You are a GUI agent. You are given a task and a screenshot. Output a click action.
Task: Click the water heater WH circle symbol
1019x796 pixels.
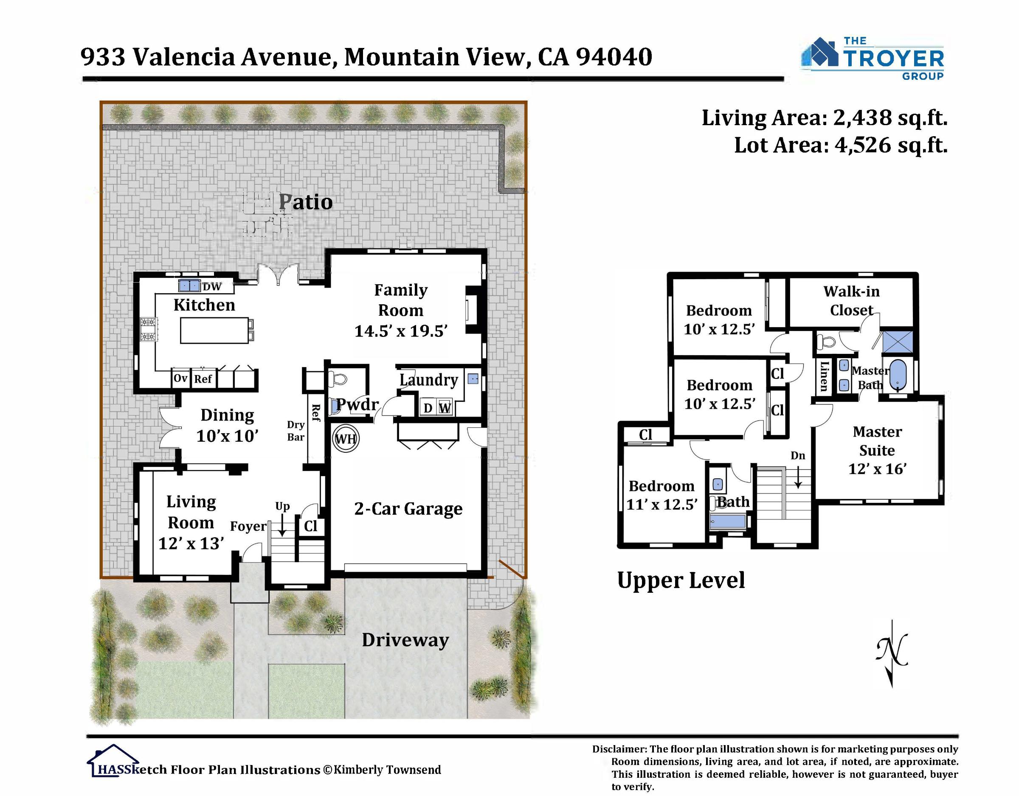coord(346,438)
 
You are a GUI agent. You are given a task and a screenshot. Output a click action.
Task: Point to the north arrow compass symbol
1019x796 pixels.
coord(892,653)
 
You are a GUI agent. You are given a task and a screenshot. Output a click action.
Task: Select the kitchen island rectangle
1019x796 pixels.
coord(214,330)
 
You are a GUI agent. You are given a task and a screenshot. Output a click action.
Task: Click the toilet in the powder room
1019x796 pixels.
coord(338,378)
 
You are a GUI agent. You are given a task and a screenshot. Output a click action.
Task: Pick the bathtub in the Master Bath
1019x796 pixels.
coord(898,376)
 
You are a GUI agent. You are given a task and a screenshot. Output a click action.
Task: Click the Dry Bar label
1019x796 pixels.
coord(296,431)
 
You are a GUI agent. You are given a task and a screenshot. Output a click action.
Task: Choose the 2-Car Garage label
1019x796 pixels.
coord(408,509)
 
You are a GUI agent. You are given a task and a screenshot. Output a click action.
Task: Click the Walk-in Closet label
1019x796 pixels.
coord(851,301)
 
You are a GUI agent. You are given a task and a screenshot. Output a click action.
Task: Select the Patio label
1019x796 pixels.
coord(306,202)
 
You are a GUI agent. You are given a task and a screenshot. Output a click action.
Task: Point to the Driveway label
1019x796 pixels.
coord(405,640)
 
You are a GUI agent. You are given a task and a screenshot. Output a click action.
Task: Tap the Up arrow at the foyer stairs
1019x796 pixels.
coord(282,526)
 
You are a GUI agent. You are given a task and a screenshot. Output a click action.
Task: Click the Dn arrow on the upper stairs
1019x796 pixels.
coord(798,476)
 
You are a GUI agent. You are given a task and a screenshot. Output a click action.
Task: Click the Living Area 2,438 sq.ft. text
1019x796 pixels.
coord(825,118)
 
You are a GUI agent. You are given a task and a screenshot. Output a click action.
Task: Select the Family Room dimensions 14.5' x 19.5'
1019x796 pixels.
coord(401,331)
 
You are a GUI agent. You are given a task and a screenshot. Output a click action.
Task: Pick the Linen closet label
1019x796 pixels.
coord(825,376)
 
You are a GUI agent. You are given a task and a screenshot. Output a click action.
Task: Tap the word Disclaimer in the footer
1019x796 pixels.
coord(619,749)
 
